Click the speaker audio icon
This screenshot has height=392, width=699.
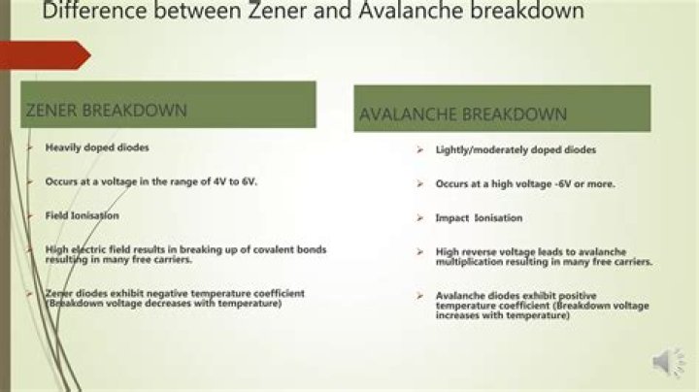[x=668, y=362]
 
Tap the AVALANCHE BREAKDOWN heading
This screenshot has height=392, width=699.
[x=463, y=114]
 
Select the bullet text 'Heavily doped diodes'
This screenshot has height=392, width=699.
[x=97, y=147]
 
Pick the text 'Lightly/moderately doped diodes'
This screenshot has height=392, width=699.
[x=502, y=150]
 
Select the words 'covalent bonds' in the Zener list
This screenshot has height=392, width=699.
[x=292, y=249]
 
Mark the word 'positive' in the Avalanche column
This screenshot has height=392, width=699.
[x=570, y=295]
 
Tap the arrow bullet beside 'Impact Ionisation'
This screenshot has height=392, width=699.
[x=419, y=218]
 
